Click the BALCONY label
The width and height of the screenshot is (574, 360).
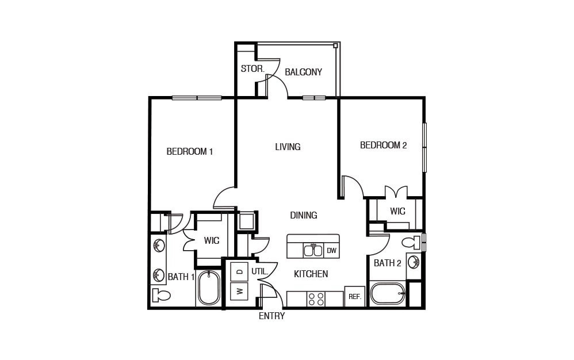[x=303, y=72]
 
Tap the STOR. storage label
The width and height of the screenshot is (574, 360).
[x=252, y=69]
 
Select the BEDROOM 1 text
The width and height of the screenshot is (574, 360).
[x=190, y=152]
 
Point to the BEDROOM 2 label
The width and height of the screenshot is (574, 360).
[x=383, y=145]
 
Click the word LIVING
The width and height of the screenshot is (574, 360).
[x=288, y=147]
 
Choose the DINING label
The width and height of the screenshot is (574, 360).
[x=303, y=216]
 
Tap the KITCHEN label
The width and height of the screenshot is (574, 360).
[x=311, y=274]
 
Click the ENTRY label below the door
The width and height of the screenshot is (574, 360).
[x=271, y=316]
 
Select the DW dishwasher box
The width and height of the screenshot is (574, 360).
[x=331, y=251]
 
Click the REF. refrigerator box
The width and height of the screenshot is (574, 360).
[x=354, y=297]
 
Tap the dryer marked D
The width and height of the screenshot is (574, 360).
[x=239, y=271]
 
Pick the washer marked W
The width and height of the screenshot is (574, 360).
[x=239, y=292]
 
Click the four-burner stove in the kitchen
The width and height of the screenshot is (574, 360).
[x=316, y=299]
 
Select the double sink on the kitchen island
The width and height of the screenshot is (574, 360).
[x=313, y=250]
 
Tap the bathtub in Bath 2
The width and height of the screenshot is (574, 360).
[x=387, y=294]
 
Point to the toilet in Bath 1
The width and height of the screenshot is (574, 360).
[x=162, y=296]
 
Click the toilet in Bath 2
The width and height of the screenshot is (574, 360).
[x=412, y=242]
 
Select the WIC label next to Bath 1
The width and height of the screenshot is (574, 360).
[x=211, y=241]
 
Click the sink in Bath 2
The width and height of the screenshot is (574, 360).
[x=414, y=262]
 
